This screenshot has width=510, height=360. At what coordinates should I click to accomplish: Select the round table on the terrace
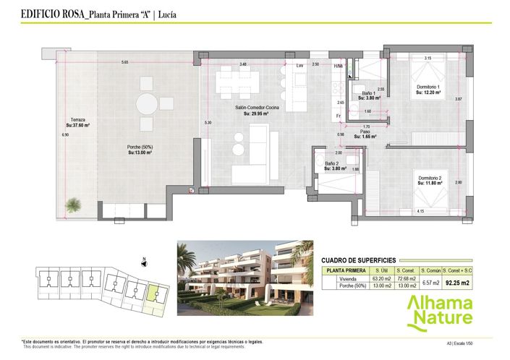coord(148,104)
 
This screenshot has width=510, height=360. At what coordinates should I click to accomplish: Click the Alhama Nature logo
coord(439,311)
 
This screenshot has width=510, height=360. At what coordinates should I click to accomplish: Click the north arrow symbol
coord(144,261)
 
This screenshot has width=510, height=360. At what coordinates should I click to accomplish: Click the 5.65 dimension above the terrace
coord(124,62)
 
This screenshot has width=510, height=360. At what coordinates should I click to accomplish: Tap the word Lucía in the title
coord(166,13)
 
